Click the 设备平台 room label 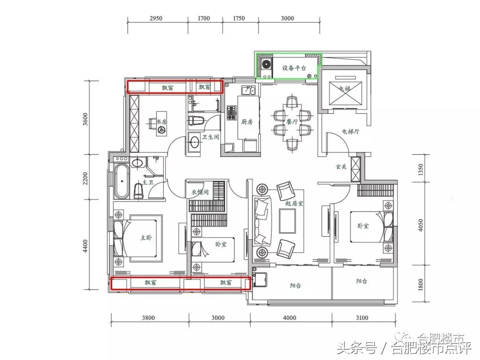294,68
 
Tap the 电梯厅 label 350,132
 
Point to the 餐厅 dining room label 292,122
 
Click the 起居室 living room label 294,203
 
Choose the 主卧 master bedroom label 146,237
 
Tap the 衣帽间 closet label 200,192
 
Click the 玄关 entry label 340,167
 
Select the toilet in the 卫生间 196,121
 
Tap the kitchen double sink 248,90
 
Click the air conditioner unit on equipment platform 266,64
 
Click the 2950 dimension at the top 156,18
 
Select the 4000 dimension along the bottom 289,318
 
